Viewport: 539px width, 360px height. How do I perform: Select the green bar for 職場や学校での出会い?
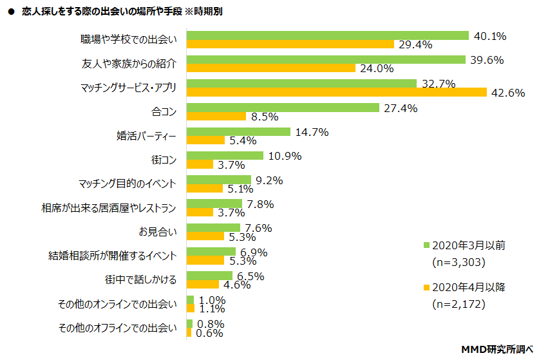[327, 35]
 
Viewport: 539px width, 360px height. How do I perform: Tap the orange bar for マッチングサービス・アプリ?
[336, 92]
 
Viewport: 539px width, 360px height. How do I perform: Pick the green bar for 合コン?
[282, 108]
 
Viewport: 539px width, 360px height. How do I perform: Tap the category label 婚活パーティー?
[146, 136]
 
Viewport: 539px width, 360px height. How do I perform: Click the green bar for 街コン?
[225, 155]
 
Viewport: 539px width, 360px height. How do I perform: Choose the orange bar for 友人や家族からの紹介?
[270, 68]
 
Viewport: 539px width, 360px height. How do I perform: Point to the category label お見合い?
[157, 232]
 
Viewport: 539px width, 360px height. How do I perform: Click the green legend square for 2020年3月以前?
[426, 245]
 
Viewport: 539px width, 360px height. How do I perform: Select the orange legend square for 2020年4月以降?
[426, 287]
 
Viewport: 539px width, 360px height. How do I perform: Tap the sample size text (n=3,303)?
[457, 262]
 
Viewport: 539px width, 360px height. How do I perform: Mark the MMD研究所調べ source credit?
[498, 349]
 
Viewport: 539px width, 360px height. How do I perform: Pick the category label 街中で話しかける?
[141, 280]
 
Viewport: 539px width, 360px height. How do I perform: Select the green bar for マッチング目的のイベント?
[218, 180]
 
